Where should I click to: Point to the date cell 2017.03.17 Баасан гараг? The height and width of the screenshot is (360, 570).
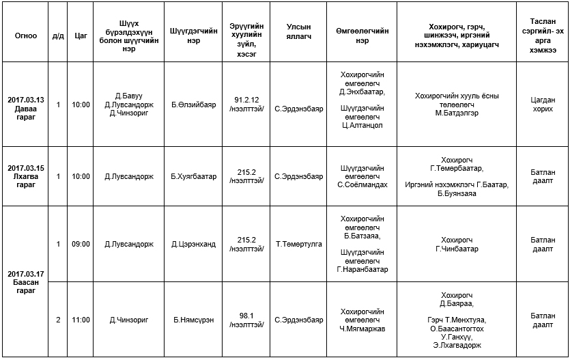coord(25,281)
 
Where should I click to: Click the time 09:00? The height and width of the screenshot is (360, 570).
coord(81,244)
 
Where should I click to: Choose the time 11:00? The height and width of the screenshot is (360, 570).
coord(81,320)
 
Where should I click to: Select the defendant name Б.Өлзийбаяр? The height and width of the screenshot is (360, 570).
coord(193,105)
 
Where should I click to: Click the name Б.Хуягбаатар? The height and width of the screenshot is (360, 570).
coord(193,176)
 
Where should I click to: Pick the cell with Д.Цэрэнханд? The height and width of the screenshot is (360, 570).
coord(193,244)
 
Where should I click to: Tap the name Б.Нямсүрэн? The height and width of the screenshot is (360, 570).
coord(193,320)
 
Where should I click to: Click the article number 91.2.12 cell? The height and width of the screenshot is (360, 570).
coord(246,105)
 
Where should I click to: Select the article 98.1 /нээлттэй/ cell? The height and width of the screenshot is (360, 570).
coord(246,320)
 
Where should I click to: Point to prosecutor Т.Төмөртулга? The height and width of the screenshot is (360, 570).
coord(298,244)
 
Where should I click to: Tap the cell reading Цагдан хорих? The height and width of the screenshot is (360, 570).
coord(543,105)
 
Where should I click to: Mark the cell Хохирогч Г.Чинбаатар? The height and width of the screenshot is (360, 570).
coord(457,244)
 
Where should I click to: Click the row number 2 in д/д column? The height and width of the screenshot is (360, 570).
coord(58,320)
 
